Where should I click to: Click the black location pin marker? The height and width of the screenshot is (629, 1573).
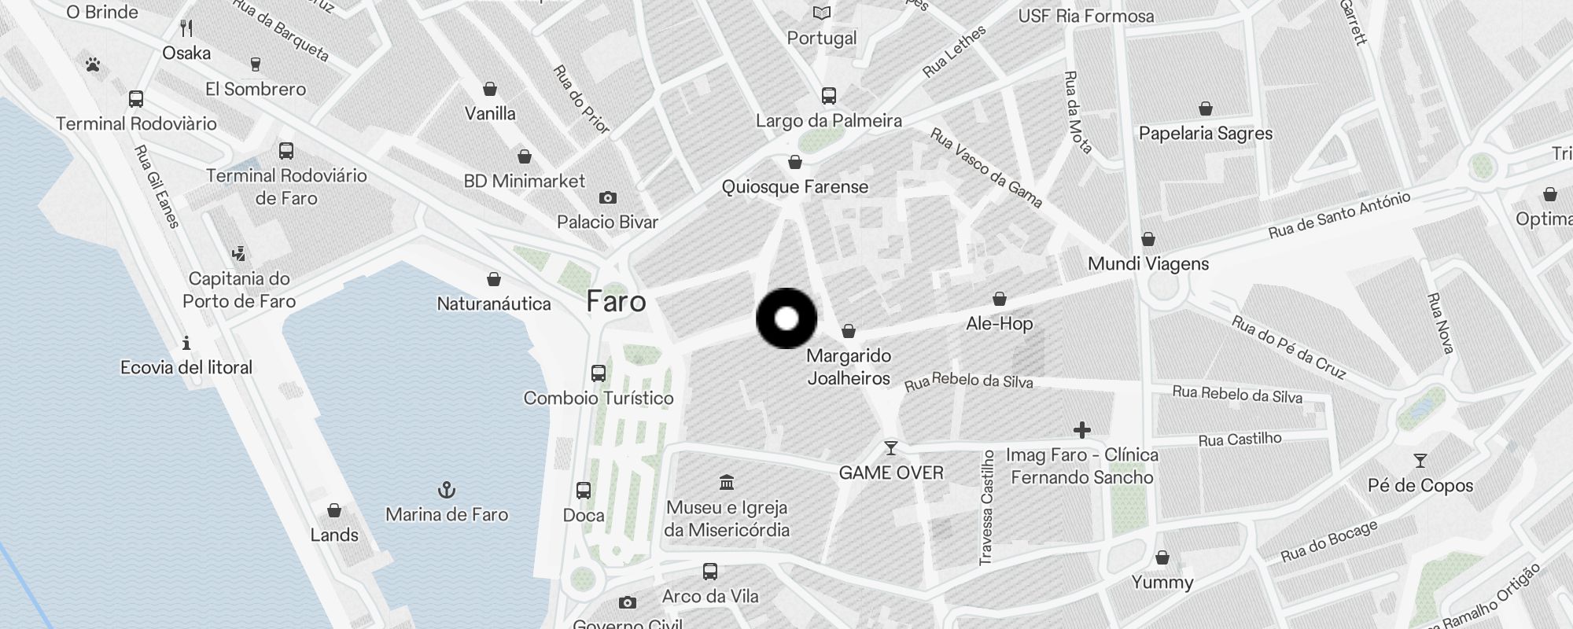tap(786, 318)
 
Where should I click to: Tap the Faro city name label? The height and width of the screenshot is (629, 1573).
tap(617, 302)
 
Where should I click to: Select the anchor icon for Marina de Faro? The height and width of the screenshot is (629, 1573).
tap(447, 491)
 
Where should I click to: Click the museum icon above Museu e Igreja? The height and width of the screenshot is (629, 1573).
tap(727, 481)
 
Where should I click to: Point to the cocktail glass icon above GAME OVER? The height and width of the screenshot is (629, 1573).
tap(891, 448)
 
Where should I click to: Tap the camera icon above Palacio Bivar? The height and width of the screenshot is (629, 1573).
tap(608, 197)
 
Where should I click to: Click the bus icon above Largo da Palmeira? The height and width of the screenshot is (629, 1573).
tap(828, 96)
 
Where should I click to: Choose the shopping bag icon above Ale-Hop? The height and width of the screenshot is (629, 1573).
tap(999, 299)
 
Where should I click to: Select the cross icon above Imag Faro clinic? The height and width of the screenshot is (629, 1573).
tap(1082, 430)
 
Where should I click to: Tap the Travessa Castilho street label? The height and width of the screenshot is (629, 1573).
tap(986, 507)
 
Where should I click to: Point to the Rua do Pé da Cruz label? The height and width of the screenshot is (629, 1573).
tap(1288, 347)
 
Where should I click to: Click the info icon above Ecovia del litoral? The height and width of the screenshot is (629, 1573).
tap(186, 343)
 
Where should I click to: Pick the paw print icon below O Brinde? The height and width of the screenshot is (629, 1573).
tap(93, 64)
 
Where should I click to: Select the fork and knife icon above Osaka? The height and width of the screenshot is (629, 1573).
tap(186, 28)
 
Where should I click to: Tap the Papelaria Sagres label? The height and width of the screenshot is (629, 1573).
tap(1206, 134)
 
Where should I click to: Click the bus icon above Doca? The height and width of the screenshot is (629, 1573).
tap(584, 491)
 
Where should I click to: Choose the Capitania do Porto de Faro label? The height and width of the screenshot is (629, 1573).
tap(239, 290)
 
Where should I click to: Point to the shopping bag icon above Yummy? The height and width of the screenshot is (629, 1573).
tap(1162, 558)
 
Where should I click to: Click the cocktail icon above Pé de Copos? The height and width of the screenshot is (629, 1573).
tap(1420, 461)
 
